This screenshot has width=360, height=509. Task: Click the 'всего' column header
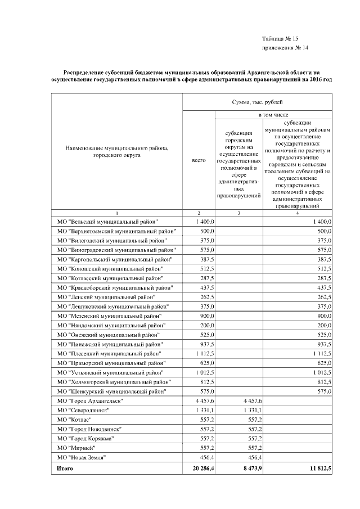(199, 160)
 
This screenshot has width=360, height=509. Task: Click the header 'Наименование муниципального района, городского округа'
(117, 151)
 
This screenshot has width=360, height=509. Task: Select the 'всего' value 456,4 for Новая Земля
(206, 457)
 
